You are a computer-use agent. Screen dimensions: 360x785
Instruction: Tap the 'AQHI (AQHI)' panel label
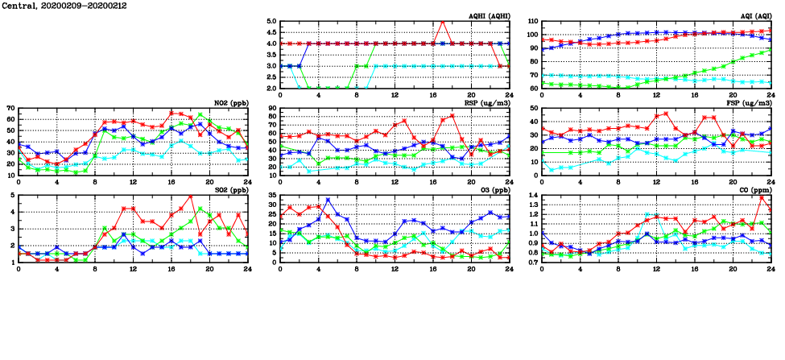[x=489, y=16]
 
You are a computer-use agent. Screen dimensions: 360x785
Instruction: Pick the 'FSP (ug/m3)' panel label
[x=750, y=103]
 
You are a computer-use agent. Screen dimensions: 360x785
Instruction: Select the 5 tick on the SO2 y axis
[x=13, y=195]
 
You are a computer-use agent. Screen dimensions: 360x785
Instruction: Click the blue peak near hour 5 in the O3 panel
[x=328, y=199]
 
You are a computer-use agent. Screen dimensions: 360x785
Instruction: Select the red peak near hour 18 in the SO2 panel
[x=190, y=196]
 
